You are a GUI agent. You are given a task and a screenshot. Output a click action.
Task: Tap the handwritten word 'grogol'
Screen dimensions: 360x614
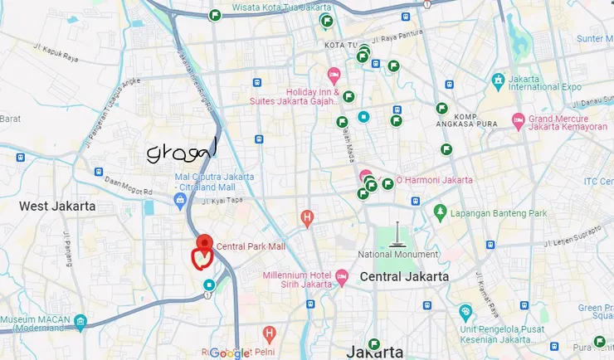coord(181,152)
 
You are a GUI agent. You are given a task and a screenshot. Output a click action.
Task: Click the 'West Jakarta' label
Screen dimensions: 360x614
coord(57,206)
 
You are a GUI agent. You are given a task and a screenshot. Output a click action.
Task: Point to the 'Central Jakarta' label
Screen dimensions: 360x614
coord(405,276)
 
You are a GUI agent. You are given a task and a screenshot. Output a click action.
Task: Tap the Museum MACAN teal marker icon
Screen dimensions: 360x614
coord(80,321)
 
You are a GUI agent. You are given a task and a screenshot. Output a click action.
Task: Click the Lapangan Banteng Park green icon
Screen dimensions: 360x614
coord(440,213)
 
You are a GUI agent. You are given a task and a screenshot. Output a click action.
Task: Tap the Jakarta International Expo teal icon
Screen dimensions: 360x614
coord(498,80)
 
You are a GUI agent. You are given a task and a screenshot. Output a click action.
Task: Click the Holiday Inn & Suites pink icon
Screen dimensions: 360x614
coord(334,74)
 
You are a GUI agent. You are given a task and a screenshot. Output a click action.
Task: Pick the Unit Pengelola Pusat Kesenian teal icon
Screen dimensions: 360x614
coord(465,313)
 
